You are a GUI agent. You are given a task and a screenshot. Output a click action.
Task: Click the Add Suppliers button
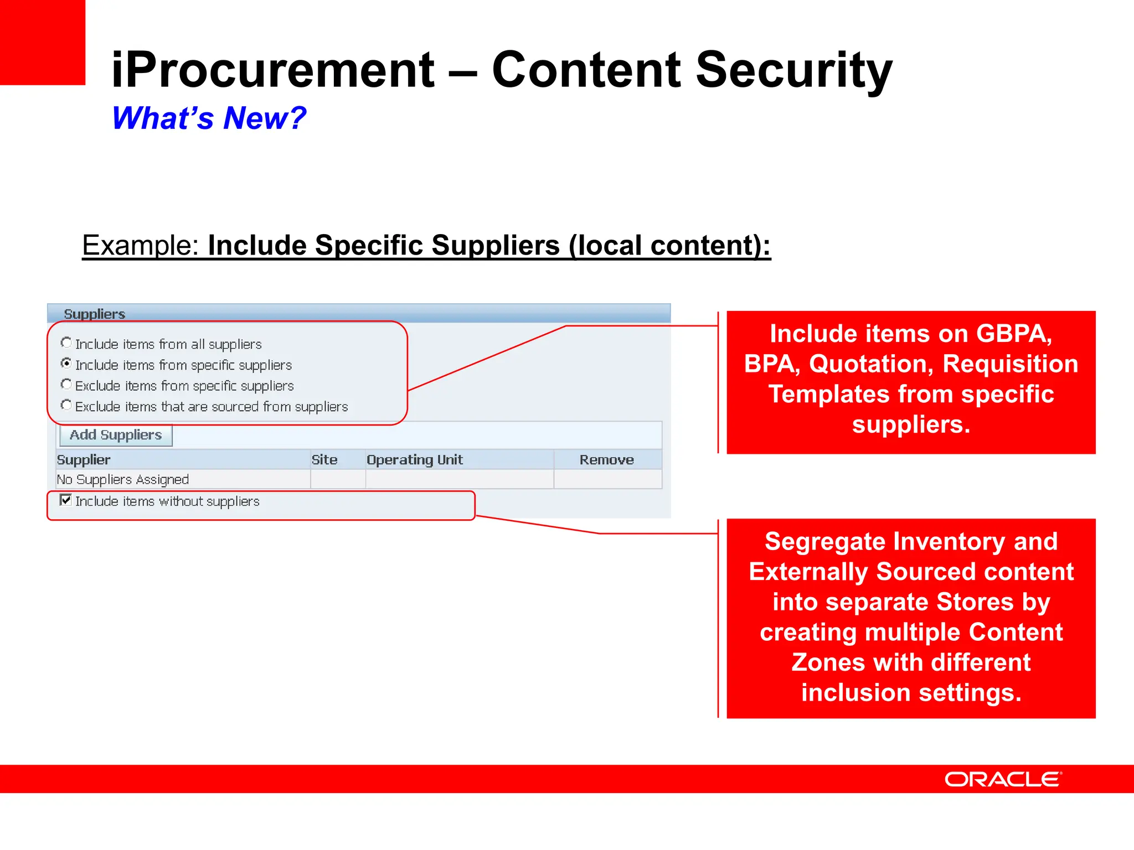point(116,435)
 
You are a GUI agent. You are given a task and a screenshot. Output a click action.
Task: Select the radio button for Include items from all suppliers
point(66,343)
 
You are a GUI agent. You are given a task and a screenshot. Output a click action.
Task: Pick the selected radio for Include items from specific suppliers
point(66,364)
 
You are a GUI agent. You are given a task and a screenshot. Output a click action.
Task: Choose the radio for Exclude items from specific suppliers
point(66,384)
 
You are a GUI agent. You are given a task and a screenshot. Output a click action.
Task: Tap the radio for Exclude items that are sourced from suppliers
point(66,405)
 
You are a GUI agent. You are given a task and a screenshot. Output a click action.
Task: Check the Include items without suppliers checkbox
point(65,500)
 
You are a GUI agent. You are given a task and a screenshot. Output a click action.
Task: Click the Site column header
point(324,460)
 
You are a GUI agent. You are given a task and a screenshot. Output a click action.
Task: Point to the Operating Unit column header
point(415,460)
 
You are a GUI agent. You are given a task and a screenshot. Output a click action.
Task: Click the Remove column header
point(606,460)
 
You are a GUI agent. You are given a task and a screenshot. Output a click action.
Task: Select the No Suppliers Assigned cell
point(123,479)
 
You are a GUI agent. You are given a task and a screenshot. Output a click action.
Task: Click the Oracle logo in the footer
point(1003,779)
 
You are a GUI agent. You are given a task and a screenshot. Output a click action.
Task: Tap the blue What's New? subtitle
point(209,118)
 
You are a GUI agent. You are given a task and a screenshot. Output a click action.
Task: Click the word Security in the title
point(793,70)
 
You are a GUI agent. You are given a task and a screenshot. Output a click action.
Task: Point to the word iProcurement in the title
point(273,70)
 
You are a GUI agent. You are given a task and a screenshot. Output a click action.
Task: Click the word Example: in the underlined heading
point(140,245)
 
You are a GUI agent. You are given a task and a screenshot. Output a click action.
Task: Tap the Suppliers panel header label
point(95,314)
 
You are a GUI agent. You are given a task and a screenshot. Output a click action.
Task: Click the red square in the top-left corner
point(42,42)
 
